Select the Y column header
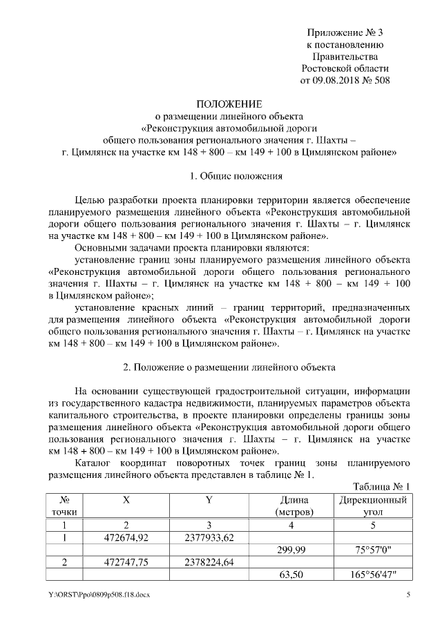coord(208,499)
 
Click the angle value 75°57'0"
coord(373,550)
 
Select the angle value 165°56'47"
coord(373,575)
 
